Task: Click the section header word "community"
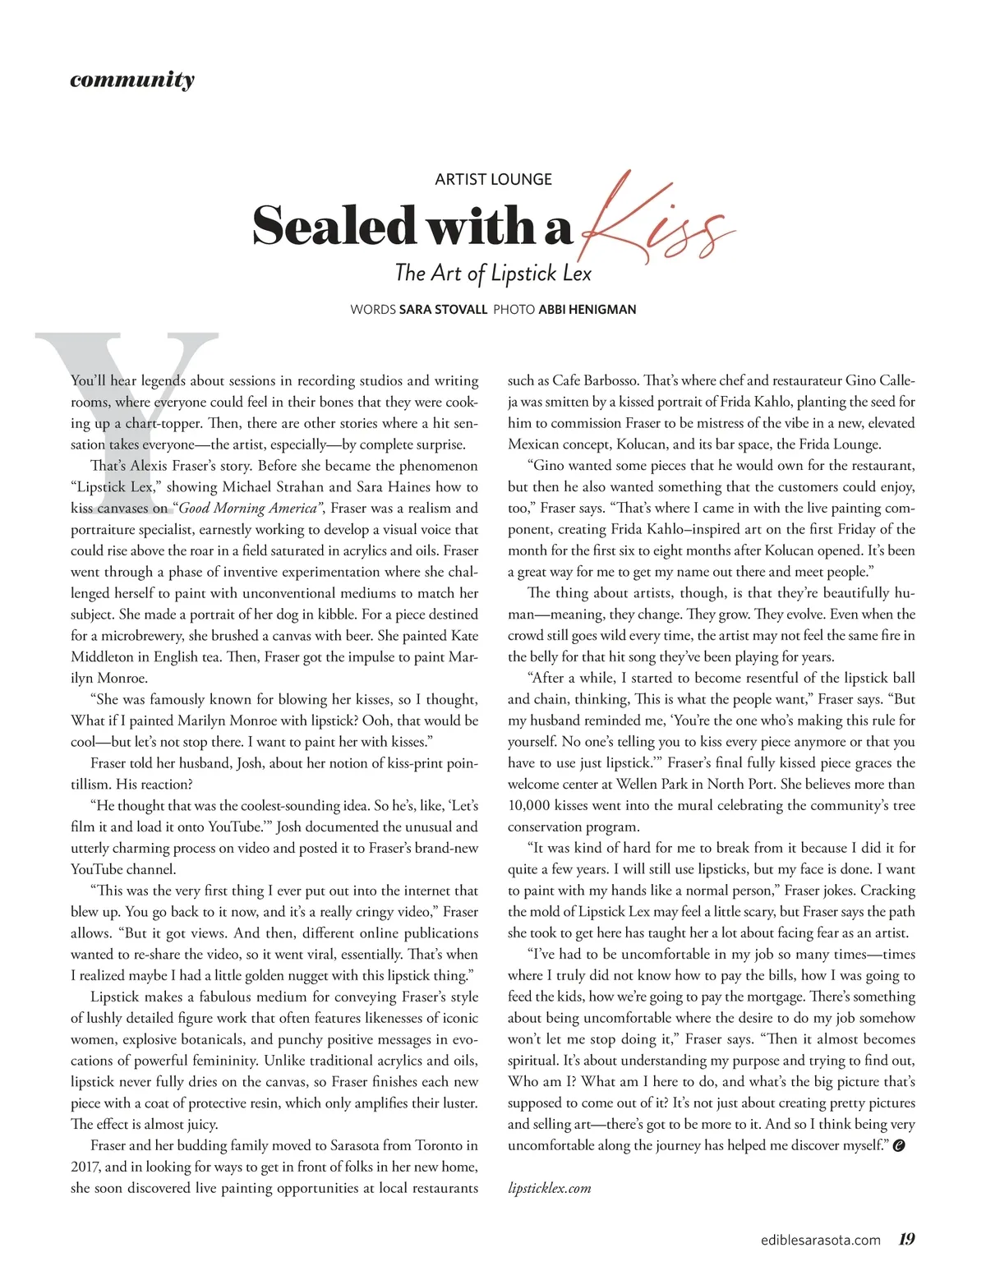click(x=132, y=80)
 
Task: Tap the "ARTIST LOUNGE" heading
click(x=493, y=179)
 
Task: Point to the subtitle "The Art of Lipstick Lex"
click(x=493, y=273)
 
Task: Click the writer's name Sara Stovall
click(x=443, y=310)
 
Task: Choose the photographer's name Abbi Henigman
click(x=587, y=310)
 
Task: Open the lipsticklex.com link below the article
click(x=549, y=1188)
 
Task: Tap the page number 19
click(x=906, y=1239)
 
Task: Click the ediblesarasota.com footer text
click(x=820, y=1240)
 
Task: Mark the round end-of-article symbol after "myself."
click(x=899, y=1146)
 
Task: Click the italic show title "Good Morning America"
click(x=248, y=508)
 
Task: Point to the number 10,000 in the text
click(x=532, y=805)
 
